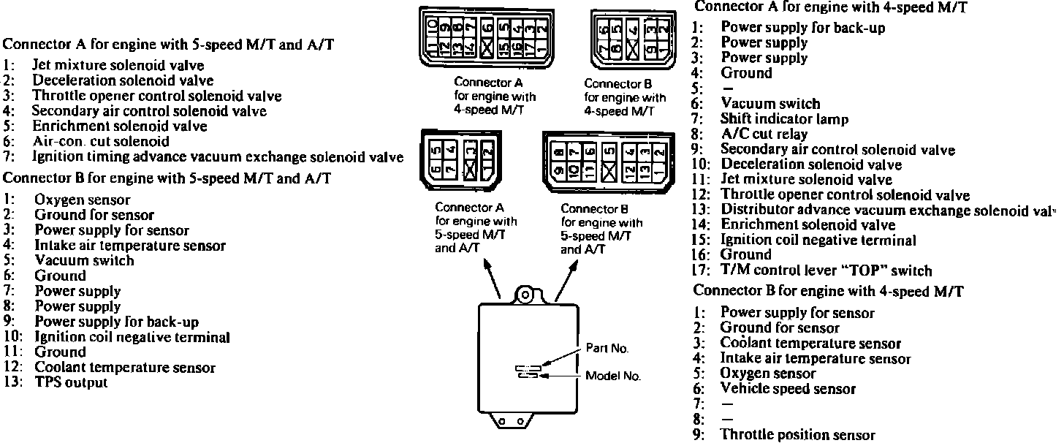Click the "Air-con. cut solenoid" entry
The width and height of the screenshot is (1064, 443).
[101, 142]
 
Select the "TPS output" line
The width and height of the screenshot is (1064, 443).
[71, 382]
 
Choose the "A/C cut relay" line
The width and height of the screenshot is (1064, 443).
[764, 135]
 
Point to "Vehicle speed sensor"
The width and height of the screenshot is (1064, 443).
[788, 389]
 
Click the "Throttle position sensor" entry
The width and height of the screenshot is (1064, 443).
[797, 435]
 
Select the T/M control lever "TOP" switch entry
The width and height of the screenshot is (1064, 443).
[826, 270]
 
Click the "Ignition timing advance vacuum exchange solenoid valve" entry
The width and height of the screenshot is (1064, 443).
[218, 156]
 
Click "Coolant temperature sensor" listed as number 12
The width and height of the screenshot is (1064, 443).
[125, 368]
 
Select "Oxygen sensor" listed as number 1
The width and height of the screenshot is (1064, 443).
[83, 200]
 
